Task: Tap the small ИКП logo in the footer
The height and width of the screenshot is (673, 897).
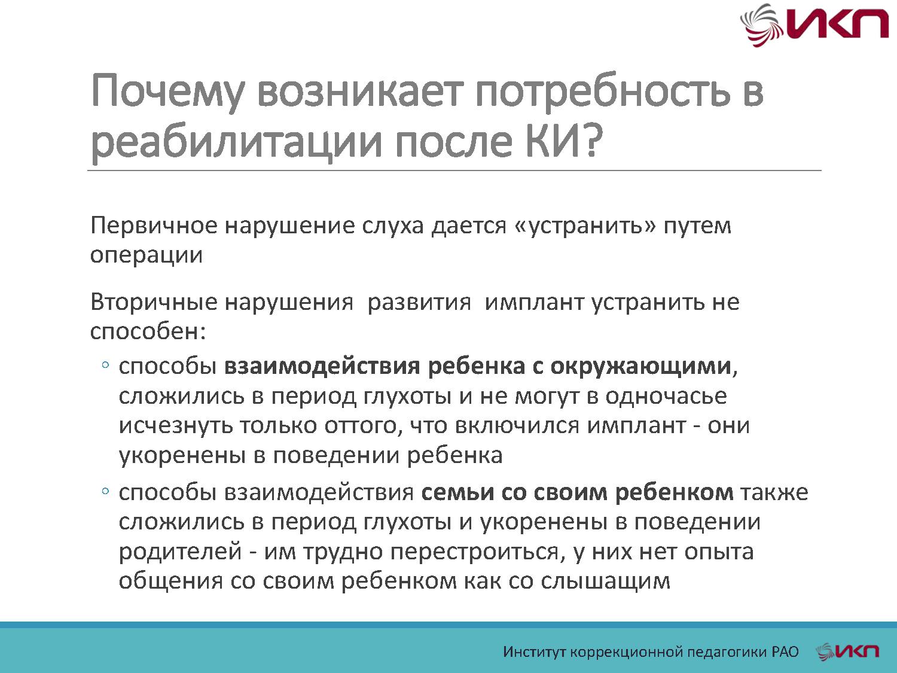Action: [x=848, y=651]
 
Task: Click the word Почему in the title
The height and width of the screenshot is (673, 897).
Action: [x=167, y=92]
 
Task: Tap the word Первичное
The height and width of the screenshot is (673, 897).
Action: [x=153, y=226]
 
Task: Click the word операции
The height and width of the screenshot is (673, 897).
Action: [x=147, y=255]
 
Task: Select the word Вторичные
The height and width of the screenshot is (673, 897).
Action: [x=154, y=302]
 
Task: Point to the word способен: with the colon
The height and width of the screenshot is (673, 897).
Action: [x=148, y=331]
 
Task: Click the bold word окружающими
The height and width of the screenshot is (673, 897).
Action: [x=640, y=366]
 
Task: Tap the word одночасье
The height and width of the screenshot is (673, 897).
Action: [x=666, y=396]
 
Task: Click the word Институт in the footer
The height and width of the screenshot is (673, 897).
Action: [x=534, y=651]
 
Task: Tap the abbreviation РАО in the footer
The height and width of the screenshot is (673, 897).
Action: [x=785, y=651]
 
